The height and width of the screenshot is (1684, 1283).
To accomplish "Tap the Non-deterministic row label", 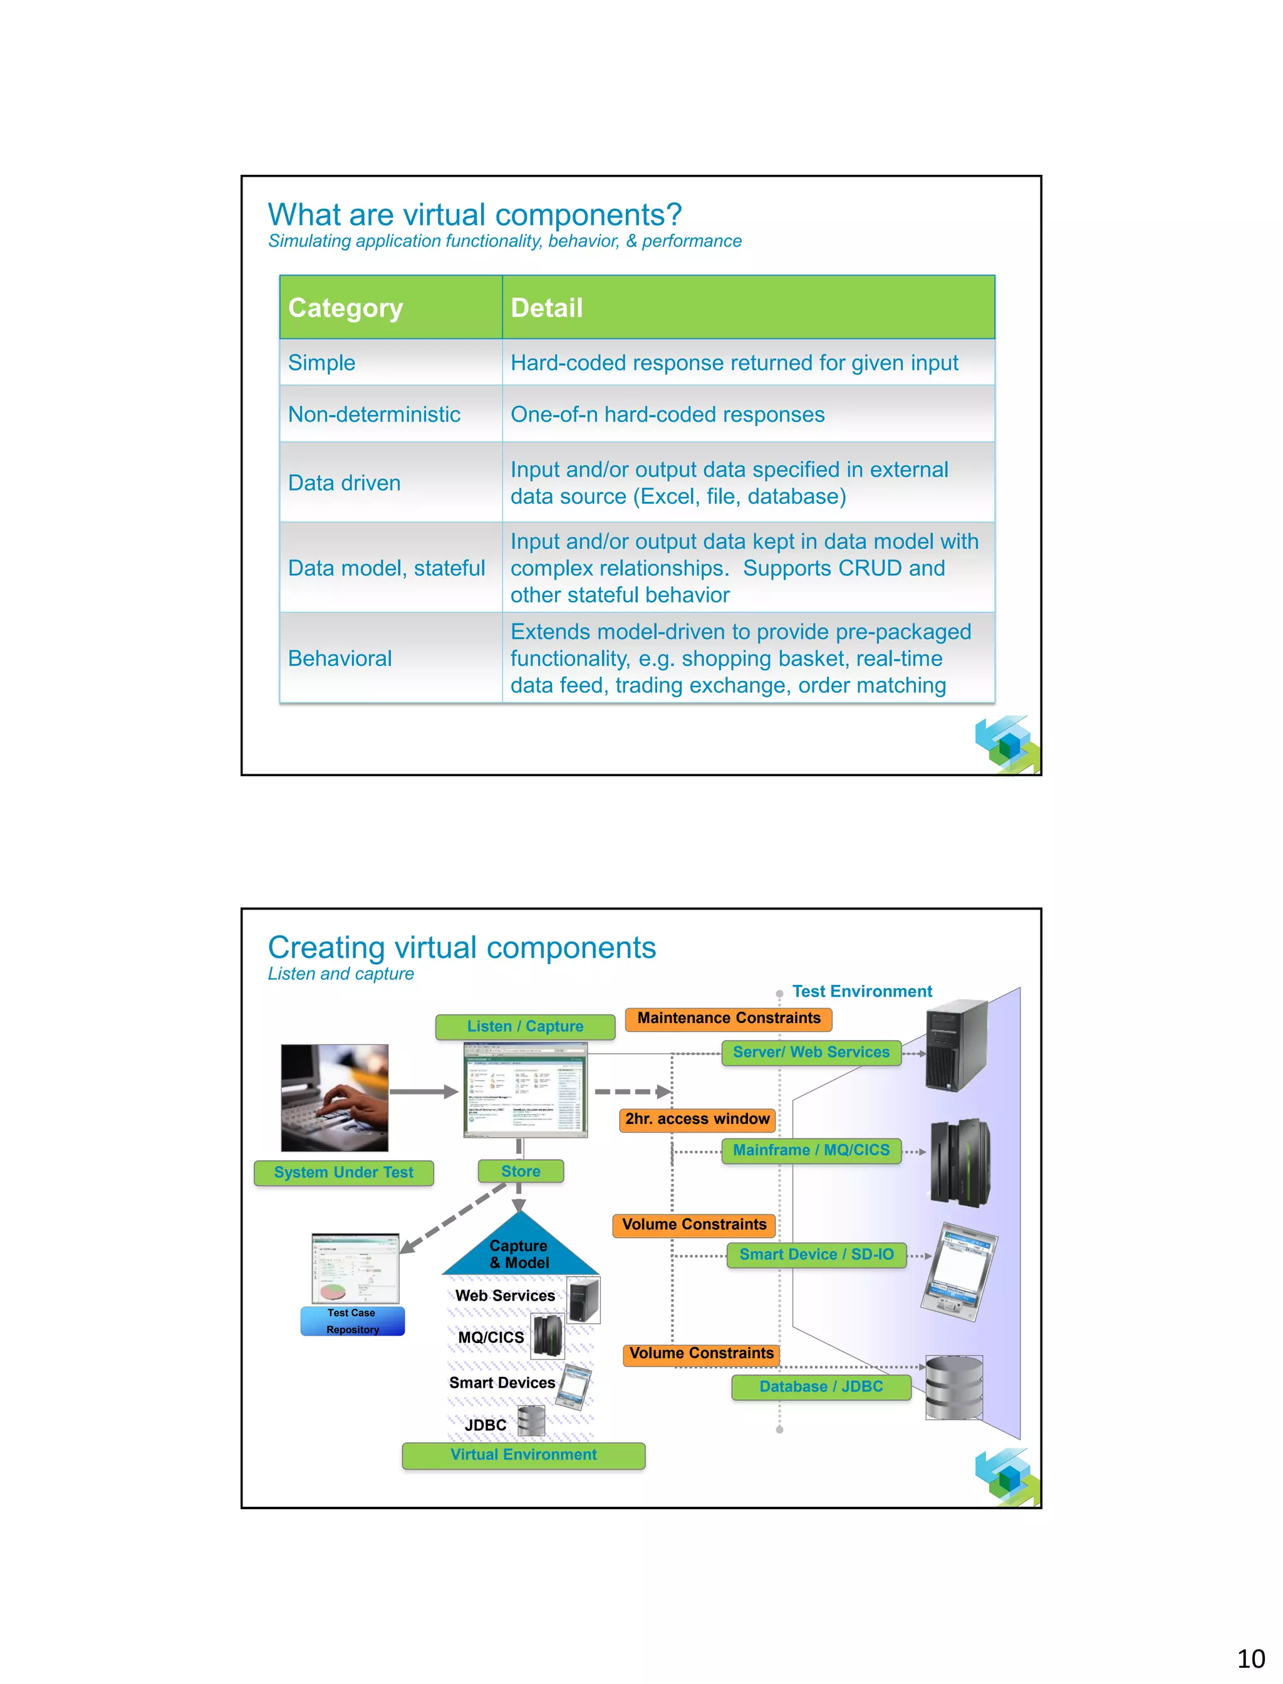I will click(x=374, y=414).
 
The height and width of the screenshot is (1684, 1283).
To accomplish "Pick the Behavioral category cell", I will click(x=340, y=658).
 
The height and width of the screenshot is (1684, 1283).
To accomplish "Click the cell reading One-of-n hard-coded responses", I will click(x=667, y=414).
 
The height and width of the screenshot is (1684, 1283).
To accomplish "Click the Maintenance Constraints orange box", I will click(x=729, y=1018).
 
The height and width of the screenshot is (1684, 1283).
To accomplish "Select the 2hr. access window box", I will click(x=697, y=1119).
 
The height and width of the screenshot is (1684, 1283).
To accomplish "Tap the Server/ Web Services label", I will click(x=811, y=1052).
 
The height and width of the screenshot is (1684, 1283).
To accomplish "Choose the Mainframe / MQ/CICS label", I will click(x=811, y=1150).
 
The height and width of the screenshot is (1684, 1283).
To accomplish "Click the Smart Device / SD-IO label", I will click(x=816, y=1254).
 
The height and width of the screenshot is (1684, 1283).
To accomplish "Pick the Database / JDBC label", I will click(x=821, y=1386).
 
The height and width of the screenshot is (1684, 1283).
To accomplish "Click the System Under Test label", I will click(x=344, y=1172).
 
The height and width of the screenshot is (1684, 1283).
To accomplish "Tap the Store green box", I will click(x=521, y=1171).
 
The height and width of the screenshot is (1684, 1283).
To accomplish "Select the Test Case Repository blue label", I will click(x=352, y=1321).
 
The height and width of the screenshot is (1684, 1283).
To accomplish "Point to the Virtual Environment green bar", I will click(x=523, y=1455).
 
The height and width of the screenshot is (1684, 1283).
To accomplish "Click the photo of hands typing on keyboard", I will click(x=335, y=1098).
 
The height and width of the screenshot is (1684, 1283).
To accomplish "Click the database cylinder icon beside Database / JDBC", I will click(x=954, y=1387).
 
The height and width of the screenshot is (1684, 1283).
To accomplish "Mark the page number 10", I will click(x=1250, y=1658).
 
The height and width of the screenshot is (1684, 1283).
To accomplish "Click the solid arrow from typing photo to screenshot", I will click(x=424, y=1092).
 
